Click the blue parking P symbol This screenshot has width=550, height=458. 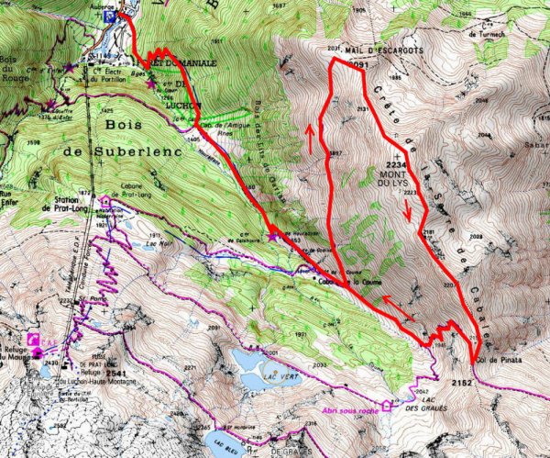click(111, 16)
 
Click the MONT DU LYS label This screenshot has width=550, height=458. click(397, 174)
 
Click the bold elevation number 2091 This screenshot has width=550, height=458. click(359, 66)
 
